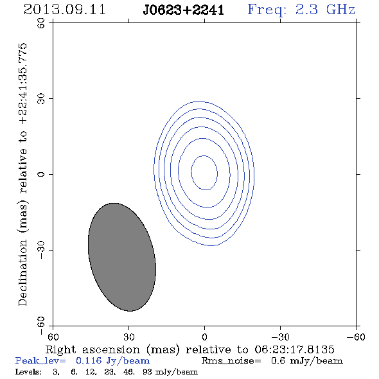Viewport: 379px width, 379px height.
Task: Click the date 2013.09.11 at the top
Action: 65,10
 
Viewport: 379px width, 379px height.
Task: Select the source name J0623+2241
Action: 184,10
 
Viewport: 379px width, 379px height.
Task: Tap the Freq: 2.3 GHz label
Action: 301,10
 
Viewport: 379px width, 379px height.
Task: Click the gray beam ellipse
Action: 122,257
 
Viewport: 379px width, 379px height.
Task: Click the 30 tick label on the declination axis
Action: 41,99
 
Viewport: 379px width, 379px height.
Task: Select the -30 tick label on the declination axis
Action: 41,250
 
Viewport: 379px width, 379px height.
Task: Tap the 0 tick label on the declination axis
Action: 41,174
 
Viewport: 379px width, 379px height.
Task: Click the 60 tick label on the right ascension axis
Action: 53,337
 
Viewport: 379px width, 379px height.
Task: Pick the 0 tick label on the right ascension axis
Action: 204,337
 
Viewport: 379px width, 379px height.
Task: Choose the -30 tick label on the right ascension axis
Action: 280,337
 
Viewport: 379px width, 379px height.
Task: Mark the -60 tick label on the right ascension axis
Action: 356,337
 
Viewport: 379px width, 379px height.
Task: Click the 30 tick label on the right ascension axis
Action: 128,337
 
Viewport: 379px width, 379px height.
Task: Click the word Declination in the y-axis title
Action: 22,273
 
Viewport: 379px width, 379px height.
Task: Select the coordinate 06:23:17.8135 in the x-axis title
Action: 294,349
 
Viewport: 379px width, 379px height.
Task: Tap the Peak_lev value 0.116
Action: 89,360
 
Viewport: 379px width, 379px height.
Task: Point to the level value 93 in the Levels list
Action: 147,371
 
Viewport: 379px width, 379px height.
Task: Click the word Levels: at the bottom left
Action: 28,371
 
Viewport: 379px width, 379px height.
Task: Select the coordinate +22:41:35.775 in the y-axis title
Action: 23,84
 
